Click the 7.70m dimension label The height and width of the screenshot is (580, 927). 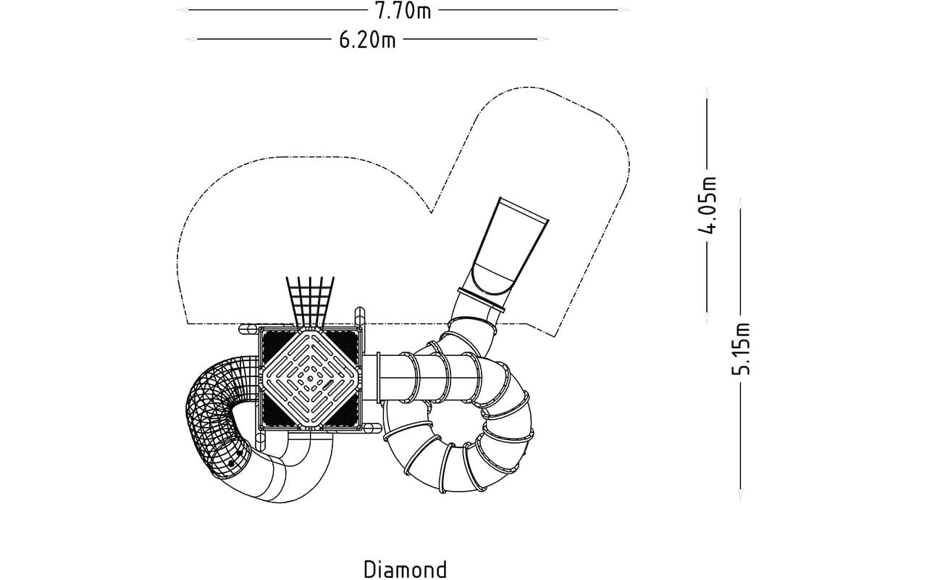pos(403,10)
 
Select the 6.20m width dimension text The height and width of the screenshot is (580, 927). pos(367,40)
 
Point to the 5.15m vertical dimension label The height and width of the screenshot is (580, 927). pos(741,349)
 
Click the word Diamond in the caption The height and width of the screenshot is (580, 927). pos(406,569)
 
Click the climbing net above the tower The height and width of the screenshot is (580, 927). pos(311,302)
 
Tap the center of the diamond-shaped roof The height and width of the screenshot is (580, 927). pos(311,378)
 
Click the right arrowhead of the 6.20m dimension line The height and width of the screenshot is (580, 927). pos(543,39)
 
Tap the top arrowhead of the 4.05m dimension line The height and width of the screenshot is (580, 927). pos(707,93)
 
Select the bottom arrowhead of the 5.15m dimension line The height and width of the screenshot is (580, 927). pos(740,494)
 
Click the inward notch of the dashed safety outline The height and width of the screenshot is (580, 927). pos(431,213)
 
